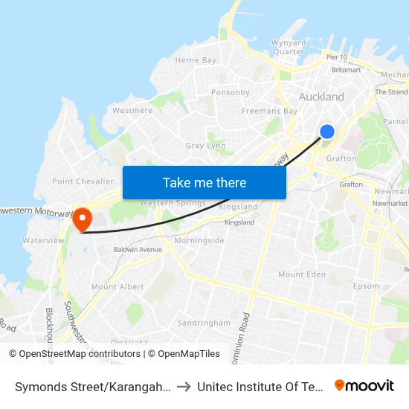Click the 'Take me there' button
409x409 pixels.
click(x=204, y=183)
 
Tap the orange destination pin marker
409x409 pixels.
click(x=81, y=219)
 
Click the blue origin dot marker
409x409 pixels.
click(x=326, y=132)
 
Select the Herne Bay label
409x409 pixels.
click(x=196, y=60)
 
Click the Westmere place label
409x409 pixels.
click(x=132, y=111)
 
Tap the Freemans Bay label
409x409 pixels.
click(x=269, y=111)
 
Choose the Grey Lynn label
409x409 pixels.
click(x=205, y=146)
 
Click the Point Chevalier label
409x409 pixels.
click(x=83, y=181)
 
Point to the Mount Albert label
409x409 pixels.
click(x=117, y=286)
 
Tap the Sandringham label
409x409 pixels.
click(x=204, y=323)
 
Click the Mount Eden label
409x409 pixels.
click(x=301, y=274)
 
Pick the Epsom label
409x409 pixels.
click(x=366, y=286)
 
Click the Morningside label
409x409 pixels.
click(x=199, y=241)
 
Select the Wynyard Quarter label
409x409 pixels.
click(x=288, y=47)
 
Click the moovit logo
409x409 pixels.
click(x=364, y=385)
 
